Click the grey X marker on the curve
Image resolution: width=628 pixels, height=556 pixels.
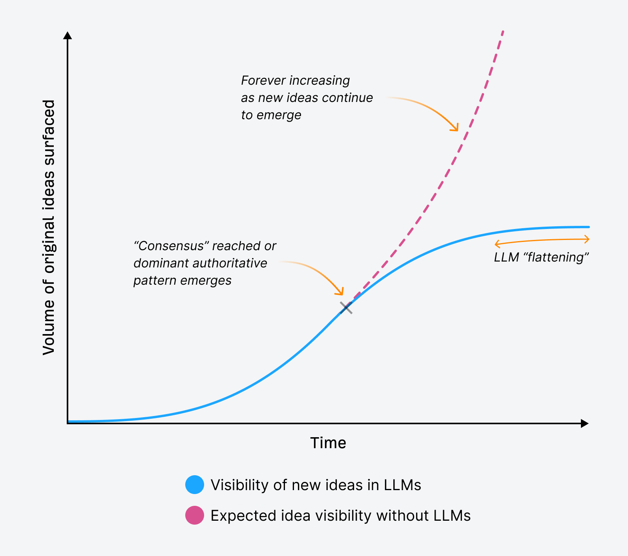coord(346,308)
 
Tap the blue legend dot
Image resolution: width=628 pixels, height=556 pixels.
coord(195,485)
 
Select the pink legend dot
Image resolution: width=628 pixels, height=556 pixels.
coord(195,515)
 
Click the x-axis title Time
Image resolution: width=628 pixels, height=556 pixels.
coord(328,443)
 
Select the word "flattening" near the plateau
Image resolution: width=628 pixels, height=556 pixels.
coord(556,257)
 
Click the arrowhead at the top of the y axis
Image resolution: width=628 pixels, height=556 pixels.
coord(68,35)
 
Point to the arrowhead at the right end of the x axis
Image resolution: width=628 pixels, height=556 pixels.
coord(585,423)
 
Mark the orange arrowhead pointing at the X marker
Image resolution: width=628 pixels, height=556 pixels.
coord(341,293)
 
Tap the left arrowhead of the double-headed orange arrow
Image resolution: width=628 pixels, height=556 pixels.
coord(497,244)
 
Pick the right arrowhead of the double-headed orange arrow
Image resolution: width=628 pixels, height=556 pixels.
coord(587,239)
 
